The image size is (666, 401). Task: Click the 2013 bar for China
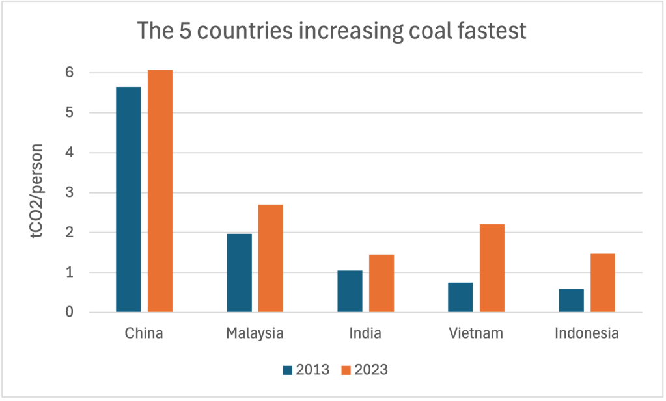[128, 200]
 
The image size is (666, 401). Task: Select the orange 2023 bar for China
[160, 191]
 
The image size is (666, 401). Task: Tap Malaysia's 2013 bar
[239, 273]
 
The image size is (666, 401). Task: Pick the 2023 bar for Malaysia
[270, 258]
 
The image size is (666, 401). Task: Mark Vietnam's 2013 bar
[460, 297]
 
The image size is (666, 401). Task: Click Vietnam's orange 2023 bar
[492, 268]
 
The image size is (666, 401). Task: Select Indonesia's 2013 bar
[571, 300]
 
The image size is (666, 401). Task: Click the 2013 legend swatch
[287, 370]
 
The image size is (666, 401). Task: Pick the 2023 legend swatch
[346, 370]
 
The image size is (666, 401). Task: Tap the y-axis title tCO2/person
[39, 192]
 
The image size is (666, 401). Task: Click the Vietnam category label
[476, 334]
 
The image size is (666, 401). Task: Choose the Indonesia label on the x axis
[587, 334]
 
